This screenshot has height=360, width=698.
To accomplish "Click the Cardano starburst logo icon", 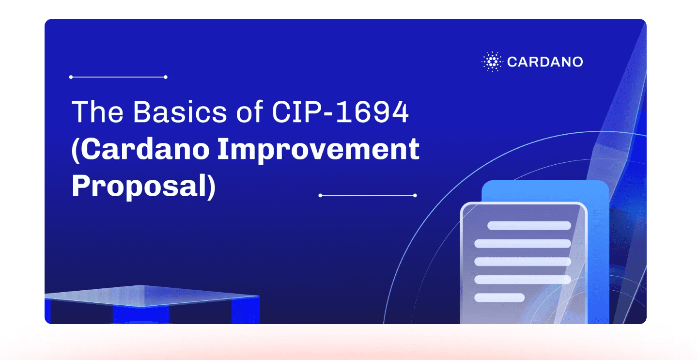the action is click(492, 62).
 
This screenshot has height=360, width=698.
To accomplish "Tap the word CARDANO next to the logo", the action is click(545, 62).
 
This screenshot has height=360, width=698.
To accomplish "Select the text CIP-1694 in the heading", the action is click(340, 111).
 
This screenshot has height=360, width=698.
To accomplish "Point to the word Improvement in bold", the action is click(318, 149).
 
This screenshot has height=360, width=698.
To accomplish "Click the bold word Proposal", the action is click(139, 186).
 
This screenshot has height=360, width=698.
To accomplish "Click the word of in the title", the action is click(249, 111).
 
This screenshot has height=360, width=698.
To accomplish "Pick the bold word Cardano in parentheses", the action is click(145, 149).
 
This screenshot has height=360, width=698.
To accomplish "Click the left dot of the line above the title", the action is click(71, 77).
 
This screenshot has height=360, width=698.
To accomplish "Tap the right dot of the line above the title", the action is click(166, 77).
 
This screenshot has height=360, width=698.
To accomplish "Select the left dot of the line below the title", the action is click(320, 195).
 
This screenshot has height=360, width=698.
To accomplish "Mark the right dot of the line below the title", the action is click(415, 195).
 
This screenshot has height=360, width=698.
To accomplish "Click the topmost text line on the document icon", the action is click(529, 226).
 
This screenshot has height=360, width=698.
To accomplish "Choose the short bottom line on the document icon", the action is click(499, 297).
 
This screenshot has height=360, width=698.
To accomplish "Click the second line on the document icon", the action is click(523, 244).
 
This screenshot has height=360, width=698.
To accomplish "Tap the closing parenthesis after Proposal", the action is click(212, 187).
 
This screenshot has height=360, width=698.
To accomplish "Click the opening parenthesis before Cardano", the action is click(76, 150).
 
